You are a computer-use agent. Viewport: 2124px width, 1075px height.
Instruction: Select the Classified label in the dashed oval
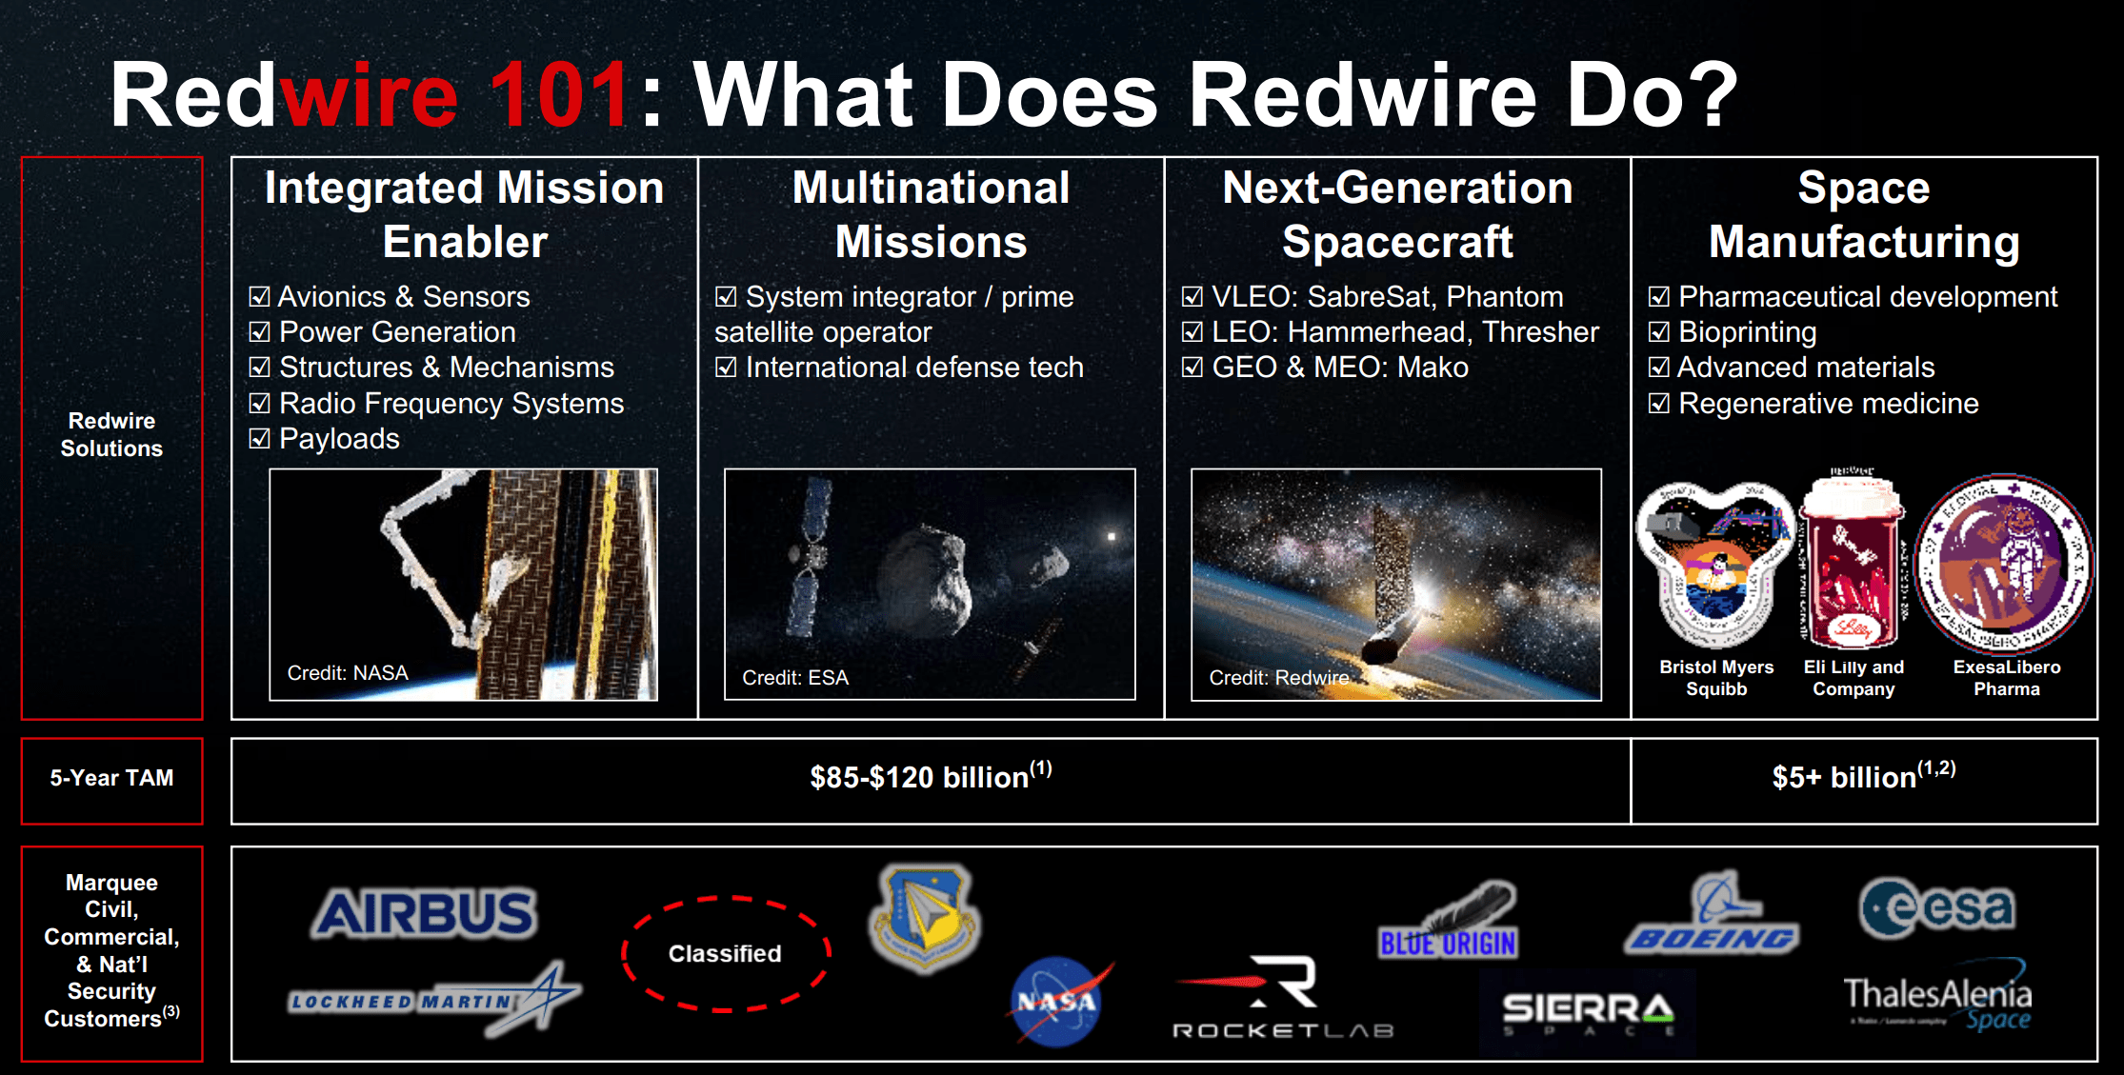(x=725, y=953)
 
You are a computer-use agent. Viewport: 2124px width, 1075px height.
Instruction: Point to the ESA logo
(x=1937, y=907)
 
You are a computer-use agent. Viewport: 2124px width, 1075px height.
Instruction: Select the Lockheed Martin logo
(x=433, y=1001)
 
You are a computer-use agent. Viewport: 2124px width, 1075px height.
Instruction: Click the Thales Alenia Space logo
(x=1937, y=1004)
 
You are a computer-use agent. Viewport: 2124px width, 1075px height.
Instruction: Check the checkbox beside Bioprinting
(x=1659, y=332)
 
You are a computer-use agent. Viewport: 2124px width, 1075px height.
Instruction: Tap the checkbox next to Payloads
(x=259, y=439)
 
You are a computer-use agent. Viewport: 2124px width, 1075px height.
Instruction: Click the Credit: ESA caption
(x=795, y=678)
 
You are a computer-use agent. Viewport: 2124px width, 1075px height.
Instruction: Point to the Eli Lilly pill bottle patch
(x=1853, y=562)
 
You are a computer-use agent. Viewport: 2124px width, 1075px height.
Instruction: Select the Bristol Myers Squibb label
(x=1716, y=678)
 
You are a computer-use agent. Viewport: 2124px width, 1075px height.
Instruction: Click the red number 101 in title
(x=558, y=95)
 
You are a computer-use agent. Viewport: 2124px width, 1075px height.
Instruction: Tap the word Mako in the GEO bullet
(x=1432, y=368)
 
